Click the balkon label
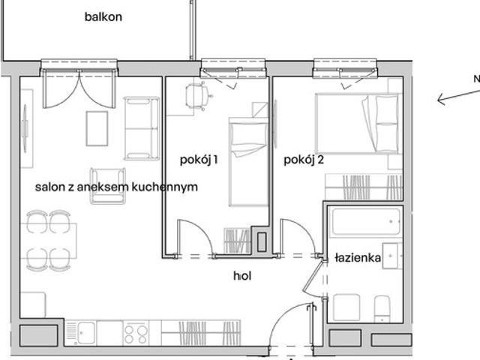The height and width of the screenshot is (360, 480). coord(103,16)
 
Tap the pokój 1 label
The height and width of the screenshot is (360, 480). coord(199,160)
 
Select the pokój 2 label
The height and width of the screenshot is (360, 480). coord(304,160)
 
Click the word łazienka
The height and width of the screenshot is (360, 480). coord(358,258)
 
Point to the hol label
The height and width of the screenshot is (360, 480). coord(242,276)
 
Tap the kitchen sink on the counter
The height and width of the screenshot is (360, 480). coord(81,333)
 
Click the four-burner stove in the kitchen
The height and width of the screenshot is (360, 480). coord(136,333)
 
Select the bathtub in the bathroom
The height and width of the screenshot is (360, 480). coord(366,222)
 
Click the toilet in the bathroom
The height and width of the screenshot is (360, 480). coord(382,308)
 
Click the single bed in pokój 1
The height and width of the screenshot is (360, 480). coord(248,162)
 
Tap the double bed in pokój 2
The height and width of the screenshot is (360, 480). coord(358,124)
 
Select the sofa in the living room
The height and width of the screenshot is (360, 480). coord(142,128)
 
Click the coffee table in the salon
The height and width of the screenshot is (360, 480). coord(97,128)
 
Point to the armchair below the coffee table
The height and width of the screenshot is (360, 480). coord(108,186)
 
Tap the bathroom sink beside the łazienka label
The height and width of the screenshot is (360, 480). coord(392,256)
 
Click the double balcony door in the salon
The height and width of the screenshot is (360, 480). coord(79,88)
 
